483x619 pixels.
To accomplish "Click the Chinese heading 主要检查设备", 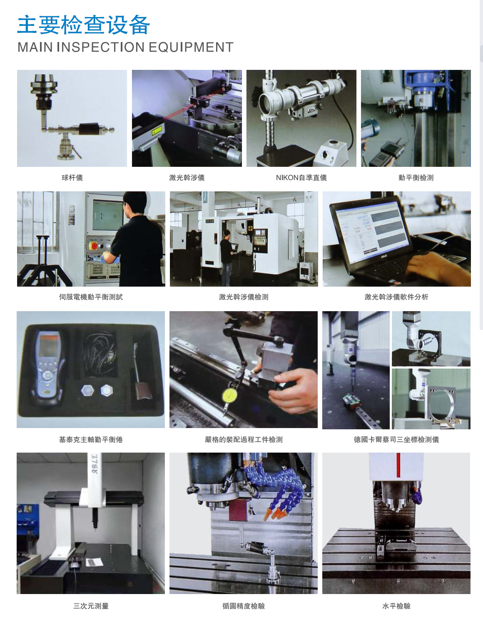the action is pos(84,25).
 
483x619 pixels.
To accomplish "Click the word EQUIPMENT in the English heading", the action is pos(191,47).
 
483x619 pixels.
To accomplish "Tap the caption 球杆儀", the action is pos(72,178).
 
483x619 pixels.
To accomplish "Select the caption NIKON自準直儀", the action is pos(301,178).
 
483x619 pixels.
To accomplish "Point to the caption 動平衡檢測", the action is pos(416,178).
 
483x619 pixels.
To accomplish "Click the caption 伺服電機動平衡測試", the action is pos(91,297).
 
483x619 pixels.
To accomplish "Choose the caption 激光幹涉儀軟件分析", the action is pos(396,297).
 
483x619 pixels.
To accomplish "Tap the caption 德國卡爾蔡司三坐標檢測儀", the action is pos(396,440).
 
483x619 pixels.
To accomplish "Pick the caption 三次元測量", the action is pos(91,606).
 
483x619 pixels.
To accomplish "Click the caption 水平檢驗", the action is pos(396,606).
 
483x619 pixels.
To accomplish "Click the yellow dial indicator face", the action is pos(229,395).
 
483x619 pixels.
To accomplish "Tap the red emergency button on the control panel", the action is pos(94,246).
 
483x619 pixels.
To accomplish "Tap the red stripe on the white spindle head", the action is pos(398,465).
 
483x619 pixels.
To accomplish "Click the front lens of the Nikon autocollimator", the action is pos(266,103).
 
